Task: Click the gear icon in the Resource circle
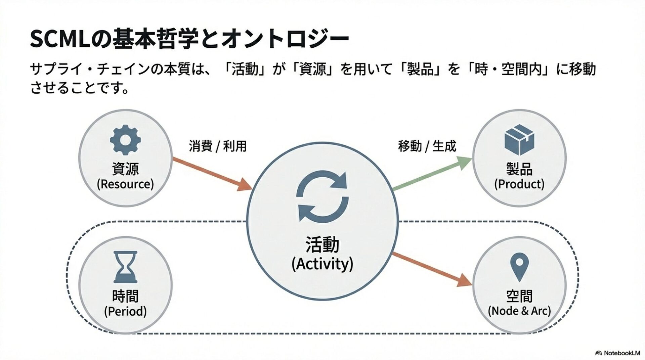(125, 140)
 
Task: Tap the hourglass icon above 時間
(125, 267)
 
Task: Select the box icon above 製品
(519, 140)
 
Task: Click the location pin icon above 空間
(519, 267)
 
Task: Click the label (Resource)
(125, 184)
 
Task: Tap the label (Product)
(519, 184)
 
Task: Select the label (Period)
(125, 311)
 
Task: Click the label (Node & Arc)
(519, 311)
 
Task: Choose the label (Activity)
(322, 264)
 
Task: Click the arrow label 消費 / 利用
(218, 146)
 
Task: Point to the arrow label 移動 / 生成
(427, 146)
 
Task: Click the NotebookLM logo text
(621, 353)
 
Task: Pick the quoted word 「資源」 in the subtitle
(313, 70)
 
